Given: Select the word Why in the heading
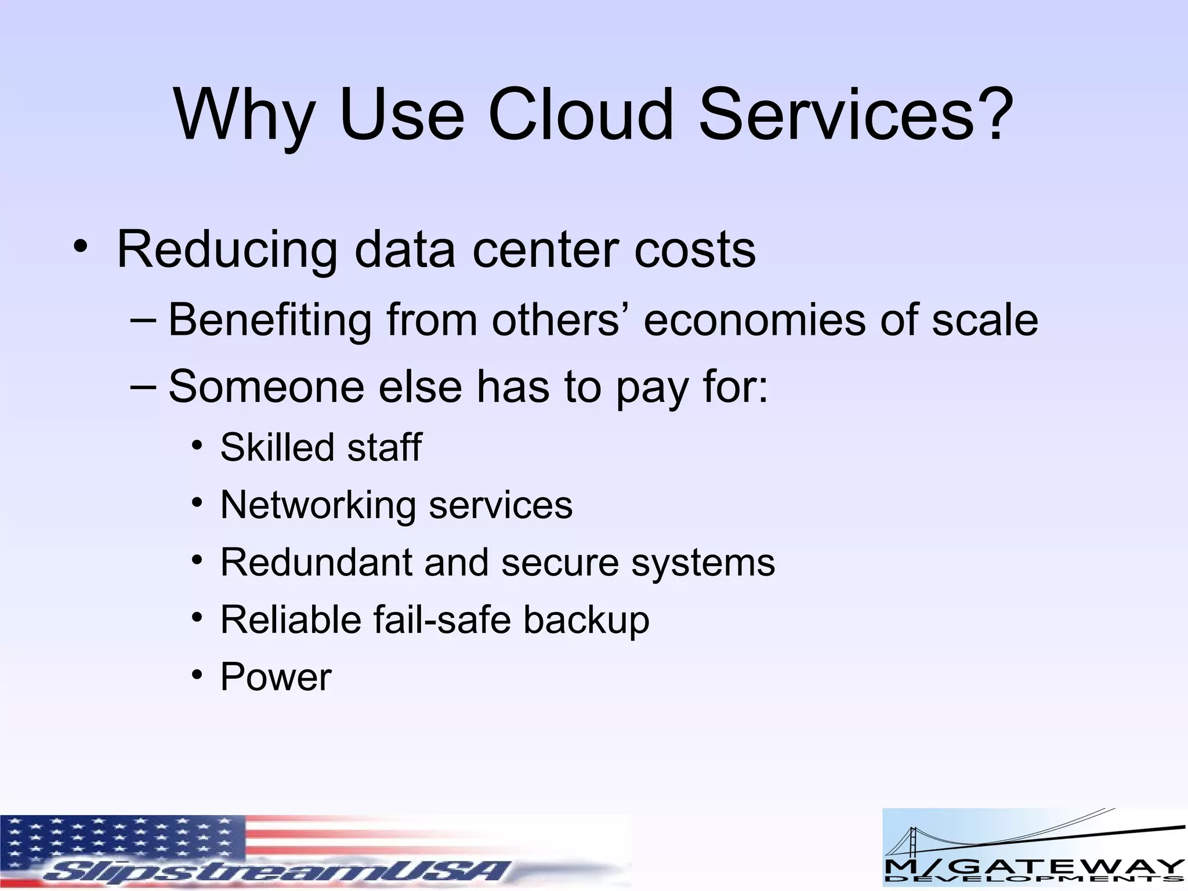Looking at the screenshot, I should (244, 116).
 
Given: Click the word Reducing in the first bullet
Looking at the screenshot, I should (227, 251).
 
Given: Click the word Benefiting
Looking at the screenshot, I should (270, 320).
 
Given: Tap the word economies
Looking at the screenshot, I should (754, 320).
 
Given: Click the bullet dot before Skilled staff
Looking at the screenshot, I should (198, 445).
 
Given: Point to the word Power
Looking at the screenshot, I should (276, 677).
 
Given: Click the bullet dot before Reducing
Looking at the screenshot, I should (81, 247).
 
